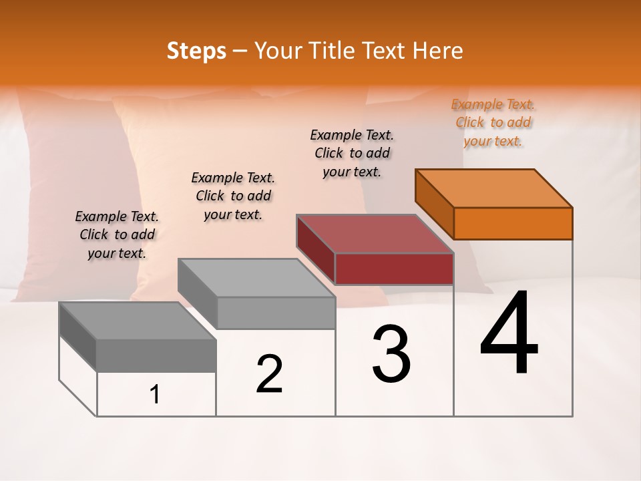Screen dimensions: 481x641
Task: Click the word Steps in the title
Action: [x=196, y=51]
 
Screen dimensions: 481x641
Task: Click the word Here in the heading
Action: [x=437, y=51]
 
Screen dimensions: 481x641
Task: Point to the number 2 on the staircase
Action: [x=269, y=374]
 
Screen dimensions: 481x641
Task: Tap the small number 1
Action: [x=155, y=395]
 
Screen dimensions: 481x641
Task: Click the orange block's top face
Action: [x=494, y=188]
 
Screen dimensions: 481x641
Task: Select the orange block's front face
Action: [x=513, y=223]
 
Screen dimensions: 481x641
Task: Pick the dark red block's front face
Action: [x=394, y=269]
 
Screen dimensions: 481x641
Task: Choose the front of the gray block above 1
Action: [x=156, y=355]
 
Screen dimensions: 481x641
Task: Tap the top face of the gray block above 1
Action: [x=138, y=321]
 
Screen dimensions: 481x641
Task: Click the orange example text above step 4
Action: [x=493, y=123]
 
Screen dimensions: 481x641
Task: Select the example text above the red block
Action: [x=352, y=153]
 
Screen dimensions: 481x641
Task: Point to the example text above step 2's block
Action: [x=233, y=196]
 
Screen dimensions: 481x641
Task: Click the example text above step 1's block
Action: [x=117, y=234]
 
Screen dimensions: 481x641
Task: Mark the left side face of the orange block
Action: [x=435, y=204]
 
